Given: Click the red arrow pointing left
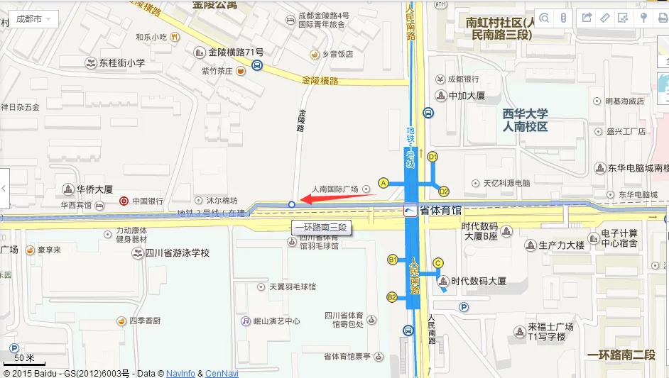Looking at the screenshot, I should (x=338, y=196).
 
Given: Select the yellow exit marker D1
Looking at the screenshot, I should (x=433, y=156).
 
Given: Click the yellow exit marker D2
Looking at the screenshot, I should (x=444, y=191).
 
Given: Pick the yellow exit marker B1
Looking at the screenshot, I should (x=392, y=260).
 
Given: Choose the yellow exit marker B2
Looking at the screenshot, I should (x=392, y=296).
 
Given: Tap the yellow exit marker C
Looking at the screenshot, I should (x=438, y=263).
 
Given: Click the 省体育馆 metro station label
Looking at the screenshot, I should (x=440, y=211).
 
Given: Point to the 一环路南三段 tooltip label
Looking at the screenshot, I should (x=320, y=228).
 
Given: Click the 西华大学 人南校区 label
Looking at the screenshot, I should (x=525, y=120).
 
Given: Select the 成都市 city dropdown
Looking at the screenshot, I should (x=33, y=18).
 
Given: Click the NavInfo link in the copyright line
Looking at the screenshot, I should (x=180, y=373).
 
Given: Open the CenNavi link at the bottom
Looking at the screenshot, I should (x=222, y=373).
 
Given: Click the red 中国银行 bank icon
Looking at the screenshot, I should (x=124, y=201).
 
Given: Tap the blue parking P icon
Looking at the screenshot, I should (x=464, y=307).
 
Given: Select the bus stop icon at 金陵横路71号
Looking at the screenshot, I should (x=256, y=66).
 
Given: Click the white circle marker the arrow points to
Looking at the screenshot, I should (x=292, y=204).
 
